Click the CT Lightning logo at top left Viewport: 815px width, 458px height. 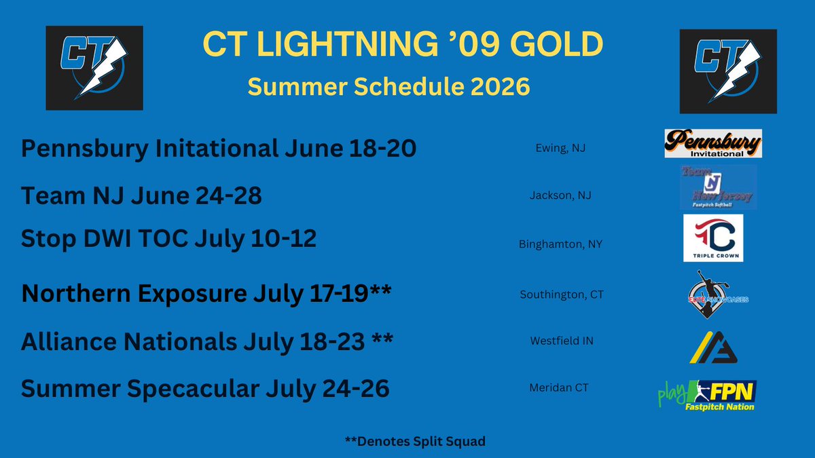(x=94, y=68)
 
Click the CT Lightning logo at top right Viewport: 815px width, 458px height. (x=728, y=71)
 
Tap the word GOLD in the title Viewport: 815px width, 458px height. (x=557, y=43)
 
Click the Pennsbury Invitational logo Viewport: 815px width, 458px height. (x=713, y=143)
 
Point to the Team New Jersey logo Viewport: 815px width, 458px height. (x=719, y=187)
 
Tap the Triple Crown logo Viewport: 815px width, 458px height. (x=713, y=238)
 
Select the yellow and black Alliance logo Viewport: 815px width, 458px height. (x=713, y=347)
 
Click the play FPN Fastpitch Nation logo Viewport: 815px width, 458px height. (x=707, y=396)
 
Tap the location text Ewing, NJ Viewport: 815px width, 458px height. (x=560, y=148)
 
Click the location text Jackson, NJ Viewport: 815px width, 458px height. (x=560, y=195)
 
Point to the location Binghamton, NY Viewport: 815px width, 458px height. (x=560, y=244)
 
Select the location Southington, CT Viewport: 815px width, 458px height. (x=562, y=294)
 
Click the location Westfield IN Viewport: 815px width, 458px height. (x=562, y=341)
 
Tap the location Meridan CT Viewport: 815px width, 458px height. (x=559, y=388)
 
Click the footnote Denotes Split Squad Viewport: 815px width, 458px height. (x=415, y=441)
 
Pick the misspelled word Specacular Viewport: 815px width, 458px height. (x=193, y=389)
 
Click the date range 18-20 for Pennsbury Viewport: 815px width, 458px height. (x=382, y=149)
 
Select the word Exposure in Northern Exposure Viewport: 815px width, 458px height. (x=192, y=294)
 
